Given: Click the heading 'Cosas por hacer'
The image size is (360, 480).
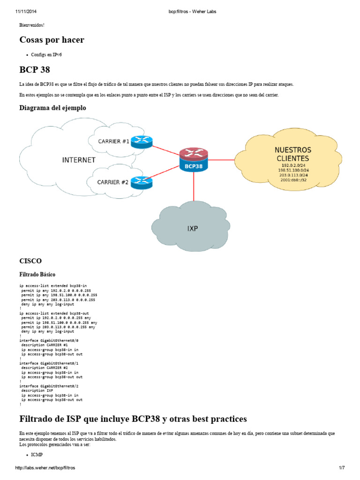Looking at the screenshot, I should [52, 40].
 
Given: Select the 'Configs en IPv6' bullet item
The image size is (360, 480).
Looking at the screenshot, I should [46, 55].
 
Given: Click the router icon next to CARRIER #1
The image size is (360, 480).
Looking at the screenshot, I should [142, 142].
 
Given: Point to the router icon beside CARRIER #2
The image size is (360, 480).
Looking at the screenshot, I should [142, 182].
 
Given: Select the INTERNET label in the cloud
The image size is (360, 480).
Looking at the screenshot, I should [79, 160].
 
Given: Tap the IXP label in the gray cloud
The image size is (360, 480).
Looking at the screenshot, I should [192, 229].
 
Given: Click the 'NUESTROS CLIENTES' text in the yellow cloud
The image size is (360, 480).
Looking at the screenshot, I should [292, 154].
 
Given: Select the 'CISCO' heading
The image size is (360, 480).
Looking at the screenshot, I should [30, 261].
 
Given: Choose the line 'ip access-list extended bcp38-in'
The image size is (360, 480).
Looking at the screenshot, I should [53, 285].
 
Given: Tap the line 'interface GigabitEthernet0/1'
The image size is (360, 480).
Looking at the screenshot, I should [49, 363].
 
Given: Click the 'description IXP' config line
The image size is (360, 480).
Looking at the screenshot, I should [37, 390].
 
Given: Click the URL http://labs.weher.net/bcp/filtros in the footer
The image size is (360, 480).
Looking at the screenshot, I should [45, 468].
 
